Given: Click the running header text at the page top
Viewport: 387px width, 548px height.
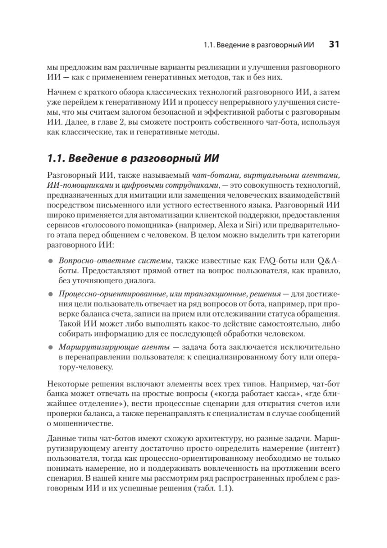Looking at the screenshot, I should pyautogui.click(x=258, y=45).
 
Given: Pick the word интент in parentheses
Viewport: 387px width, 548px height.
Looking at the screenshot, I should pyautogui.click(x=323, y=445).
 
